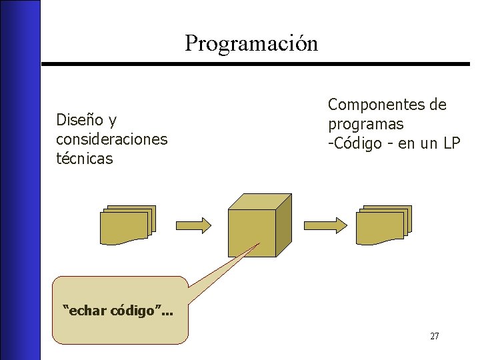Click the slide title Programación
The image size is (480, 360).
coord(251,43)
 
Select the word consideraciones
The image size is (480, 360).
coord(111,139)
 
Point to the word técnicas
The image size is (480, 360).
coord(85,159)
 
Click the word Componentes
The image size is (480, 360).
coord(370,105)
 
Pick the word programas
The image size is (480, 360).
coord(365,124)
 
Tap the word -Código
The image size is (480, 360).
coord(353,143)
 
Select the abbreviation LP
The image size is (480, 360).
coord(450,143)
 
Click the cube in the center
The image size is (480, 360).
coord(252,233)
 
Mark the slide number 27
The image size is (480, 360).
coord(434,336)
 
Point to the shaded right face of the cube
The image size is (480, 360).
coord(283,227)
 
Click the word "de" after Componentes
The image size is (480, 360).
coord(438,105)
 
